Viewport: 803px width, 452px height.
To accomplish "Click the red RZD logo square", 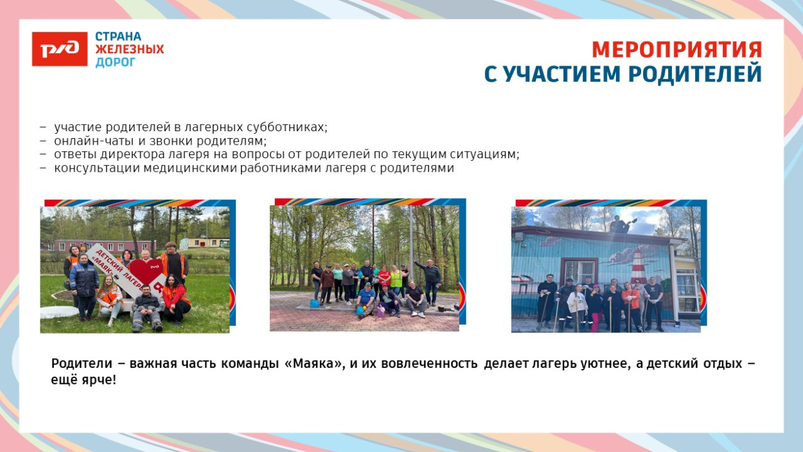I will [59, 49].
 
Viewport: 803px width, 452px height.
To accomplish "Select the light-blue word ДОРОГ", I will [116, 62].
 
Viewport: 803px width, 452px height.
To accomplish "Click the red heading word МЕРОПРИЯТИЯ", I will [676, 50].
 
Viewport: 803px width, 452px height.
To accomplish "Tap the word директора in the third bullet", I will [125, 155].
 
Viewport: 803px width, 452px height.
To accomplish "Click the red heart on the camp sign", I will [146, 272].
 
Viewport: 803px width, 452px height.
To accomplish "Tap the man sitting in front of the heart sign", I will [147, 307].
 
